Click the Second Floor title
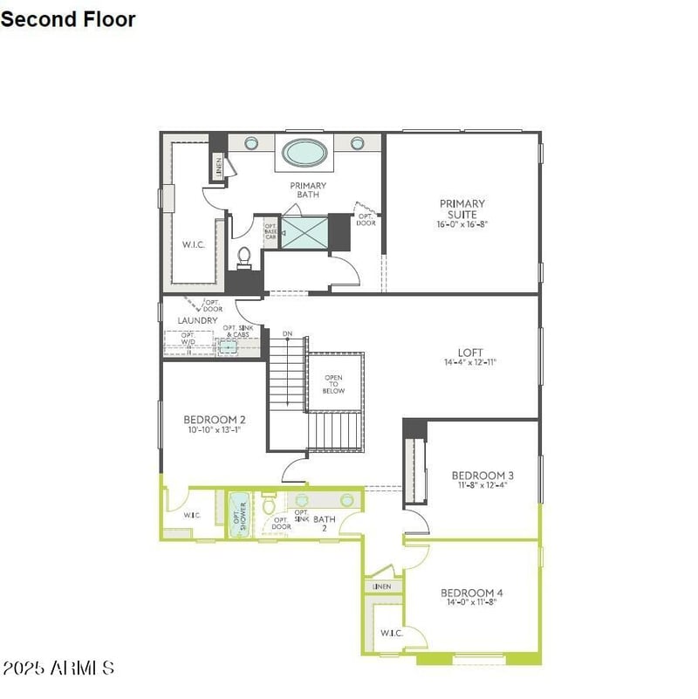(68, 18)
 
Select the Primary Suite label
(462, 209)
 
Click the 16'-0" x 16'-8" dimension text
(462, 224)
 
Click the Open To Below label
(334, 384)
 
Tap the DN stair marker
(287, 334)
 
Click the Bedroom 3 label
(482, 475)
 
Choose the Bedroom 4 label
(471, 593)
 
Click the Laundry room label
(197, 320)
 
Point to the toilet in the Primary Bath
(245, 257)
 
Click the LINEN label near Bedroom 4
(382, 586)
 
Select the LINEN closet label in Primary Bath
(219, 165)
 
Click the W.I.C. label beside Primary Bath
(193, 244)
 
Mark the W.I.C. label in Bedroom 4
(390, 633)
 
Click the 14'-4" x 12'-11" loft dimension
(470, 362)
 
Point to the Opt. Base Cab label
(270, 231)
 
